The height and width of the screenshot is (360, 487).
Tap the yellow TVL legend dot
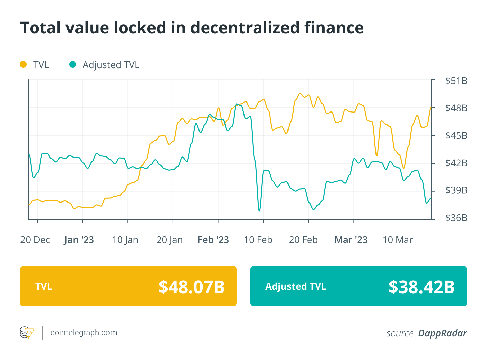(23, 64)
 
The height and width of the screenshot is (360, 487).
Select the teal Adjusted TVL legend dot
(73, 64)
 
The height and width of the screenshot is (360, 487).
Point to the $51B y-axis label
(456, 81)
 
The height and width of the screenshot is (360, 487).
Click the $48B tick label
(456, 108)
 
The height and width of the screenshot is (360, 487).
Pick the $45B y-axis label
(456, 136)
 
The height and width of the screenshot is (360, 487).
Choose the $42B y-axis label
(456, 163)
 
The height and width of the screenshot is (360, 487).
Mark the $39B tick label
(456, 190)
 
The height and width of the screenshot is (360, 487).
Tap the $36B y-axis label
(456, 218)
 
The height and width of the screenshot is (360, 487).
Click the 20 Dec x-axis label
(35, 240)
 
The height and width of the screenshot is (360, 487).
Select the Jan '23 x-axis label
(79, 240)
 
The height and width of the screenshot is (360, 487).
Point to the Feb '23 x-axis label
(213, 240)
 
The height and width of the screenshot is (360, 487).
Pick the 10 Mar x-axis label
(398, 240)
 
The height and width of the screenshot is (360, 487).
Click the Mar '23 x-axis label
(351, 240)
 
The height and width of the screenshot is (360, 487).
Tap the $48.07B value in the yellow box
(191, 287)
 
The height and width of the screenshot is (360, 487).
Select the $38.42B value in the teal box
(422, 287)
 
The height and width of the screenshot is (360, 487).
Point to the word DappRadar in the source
(442, 333)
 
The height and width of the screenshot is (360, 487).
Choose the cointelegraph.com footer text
(84, 333)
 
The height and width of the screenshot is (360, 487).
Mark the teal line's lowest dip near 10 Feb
(259, 211)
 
